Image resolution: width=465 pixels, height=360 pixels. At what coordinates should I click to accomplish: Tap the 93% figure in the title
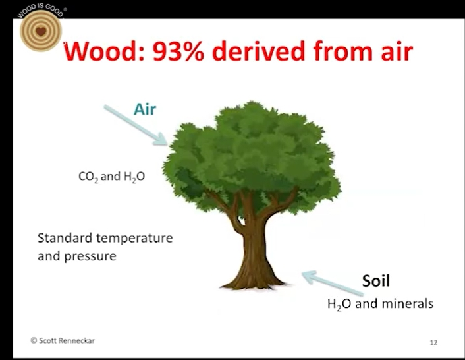pos(178,51)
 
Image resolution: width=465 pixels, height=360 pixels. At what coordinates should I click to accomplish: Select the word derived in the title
pos(259,51)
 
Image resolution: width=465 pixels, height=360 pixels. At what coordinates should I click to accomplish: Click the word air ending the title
pos(397,51)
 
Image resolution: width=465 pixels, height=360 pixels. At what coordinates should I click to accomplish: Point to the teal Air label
pos(145,109)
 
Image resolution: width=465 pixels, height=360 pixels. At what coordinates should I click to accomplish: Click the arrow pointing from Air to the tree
pos(136,125)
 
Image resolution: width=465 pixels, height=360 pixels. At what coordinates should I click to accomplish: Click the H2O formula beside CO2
pos(134,177)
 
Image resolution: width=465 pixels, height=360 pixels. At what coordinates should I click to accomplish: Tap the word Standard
pos(65,238)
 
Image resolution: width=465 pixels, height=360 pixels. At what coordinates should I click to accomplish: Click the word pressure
pos(90,256)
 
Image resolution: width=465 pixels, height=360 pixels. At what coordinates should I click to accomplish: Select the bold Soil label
pos(375,280)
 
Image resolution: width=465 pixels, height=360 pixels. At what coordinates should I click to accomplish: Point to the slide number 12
pos(433,342)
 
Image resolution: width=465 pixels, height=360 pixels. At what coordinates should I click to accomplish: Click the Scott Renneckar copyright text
pos(63,340)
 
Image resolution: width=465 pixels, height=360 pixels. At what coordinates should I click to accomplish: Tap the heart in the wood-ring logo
pos(41,31)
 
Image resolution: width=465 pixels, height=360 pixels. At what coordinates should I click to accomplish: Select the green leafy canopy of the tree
pos(252,158)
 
